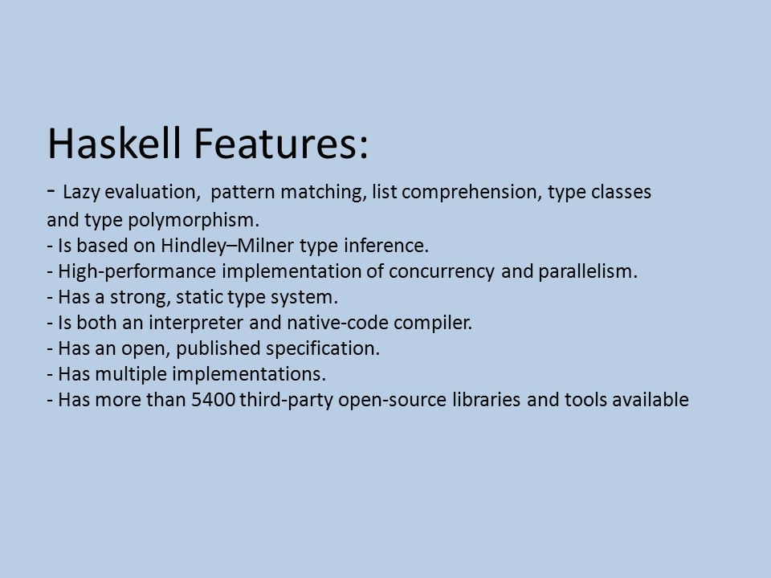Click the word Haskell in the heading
[114, 143]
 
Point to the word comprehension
[471, 192]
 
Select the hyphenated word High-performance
[137, 271]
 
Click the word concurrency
[442, 272]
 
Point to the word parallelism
[588, 271]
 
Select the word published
[218, 348]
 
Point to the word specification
[323, 348]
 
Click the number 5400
[214, 400]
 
